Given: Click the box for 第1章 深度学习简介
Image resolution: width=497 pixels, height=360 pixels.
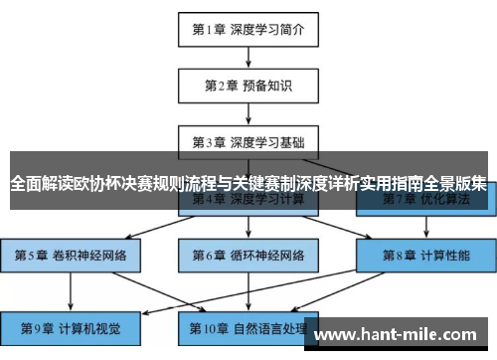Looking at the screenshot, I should coord(248,29).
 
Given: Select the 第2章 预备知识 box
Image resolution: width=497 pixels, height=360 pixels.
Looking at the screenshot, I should coord(248,86).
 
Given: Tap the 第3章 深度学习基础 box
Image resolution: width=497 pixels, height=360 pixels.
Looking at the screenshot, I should coord(248,141).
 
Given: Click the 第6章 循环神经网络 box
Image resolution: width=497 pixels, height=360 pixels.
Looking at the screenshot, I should coord(248,256).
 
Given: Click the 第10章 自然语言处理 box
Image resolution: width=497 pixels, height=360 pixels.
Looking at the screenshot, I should coord(248,325).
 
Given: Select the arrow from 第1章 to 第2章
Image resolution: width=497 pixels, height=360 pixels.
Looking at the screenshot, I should coord(248,57).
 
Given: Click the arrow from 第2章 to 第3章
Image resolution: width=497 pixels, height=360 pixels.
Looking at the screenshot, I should coord(248,113).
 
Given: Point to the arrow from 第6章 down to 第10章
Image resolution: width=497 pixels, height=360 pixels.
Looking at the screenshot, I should coord(248,290).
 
